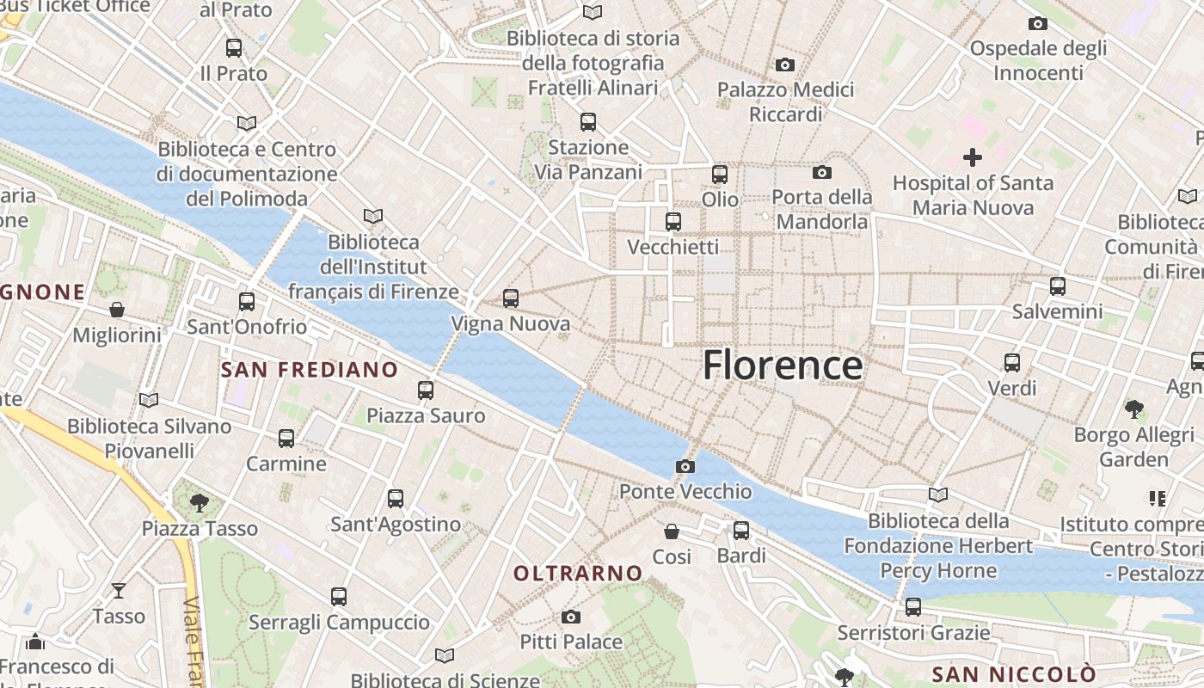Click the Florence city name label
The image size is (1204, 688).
point(783,365)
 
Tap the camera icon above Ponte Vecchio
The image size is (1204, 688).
point(685,466)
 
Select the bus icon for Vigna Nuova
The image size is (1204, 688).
point(511,298)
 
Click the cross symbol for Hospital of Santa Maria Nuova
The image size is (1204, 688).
point(973,157)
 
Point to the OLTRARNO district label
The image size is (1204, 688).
point(578,573)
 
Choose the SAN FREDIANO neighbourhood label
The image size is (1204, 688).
point(310,370)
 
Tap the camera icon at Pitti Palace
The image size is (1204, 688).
point(570,617)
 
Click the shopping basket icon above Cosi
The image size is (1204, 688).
point(672,531)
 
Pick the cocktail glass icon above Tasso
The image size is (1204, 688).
point(119,591)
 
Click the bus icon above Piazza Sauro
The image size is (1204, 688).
point(426,390)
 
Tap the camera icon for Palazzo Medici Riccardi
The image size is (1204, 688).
point(784,64)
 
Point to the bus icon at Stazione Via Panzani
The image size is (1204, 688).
point(588,122)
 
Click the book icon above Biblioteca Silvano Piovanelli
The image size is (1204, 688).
point(149,400)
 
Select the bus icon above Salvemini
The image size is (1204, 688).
point(1058,286)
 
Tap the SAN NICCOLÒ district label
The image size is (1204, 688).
point(1014,673)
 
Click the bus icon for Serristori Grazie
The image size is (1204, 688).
point(913,607)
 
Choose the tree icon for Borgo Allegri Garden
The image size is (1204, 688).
point(1133,408)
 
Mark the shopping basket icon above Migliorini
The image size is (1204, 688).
point(117,310)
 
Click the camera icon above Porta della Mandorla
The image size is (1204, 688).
point(822,172)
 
